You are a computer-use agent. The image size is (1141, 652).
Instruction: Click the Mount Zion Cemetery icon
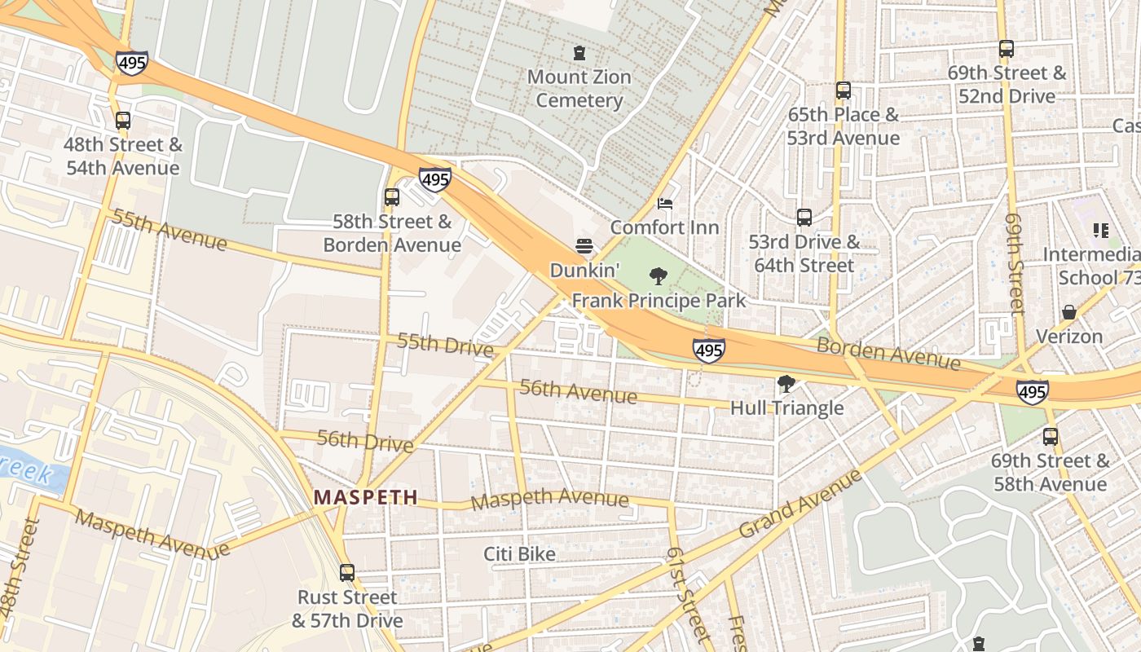pos(579,54)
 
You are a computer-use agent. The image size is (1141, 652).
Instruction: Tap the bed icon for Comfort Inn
pos(665,204)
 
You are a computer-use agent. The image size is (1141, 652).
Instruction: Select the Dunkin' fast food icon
pos(584,245)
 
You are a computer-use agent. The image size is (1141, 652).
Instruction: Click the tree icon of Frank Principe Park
pos(658,276)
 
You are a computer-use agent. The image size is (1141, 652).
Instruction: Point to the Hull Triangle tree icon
pos(786,384)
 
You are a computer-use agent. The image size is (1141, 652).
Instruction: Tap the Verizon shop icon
pos(1068,312)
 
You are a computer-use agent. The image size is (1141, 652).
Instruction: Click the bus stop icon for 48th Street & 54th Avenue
pos(123,121)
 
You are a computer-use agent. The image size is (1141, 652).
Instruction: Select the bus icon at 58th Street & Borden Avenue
pos(392,197)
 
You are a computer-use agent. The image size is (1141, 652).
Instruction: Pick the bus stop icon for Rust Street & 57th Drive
pos(347,573)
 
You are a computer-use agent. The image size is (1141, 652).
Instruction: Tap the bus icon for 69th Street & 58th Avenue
pos(1051,437)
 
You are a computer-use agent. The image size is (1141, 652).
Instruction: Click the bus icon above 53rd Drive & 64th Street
pos(804,218)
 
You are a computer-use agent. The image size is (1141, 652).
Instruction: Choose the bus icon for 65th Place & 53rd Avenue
pos(844,90)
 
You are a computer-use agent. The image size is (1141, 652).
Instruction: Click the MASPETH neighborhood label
pos(366,497)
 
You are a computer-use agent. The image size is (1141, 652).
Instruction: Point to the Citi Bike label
pos(519,554)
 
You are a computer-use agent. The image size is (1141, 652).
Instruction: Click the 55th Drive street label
pos(445,345)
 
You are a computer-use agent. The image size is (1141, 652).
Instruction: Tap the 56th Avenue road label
pos(578,392)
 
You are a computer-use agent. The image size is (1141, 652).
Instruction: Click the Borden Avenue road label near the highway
pos(889,352)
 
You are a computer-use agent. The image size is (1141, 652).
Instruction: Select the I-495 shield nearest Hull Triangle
pos(708,350)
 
